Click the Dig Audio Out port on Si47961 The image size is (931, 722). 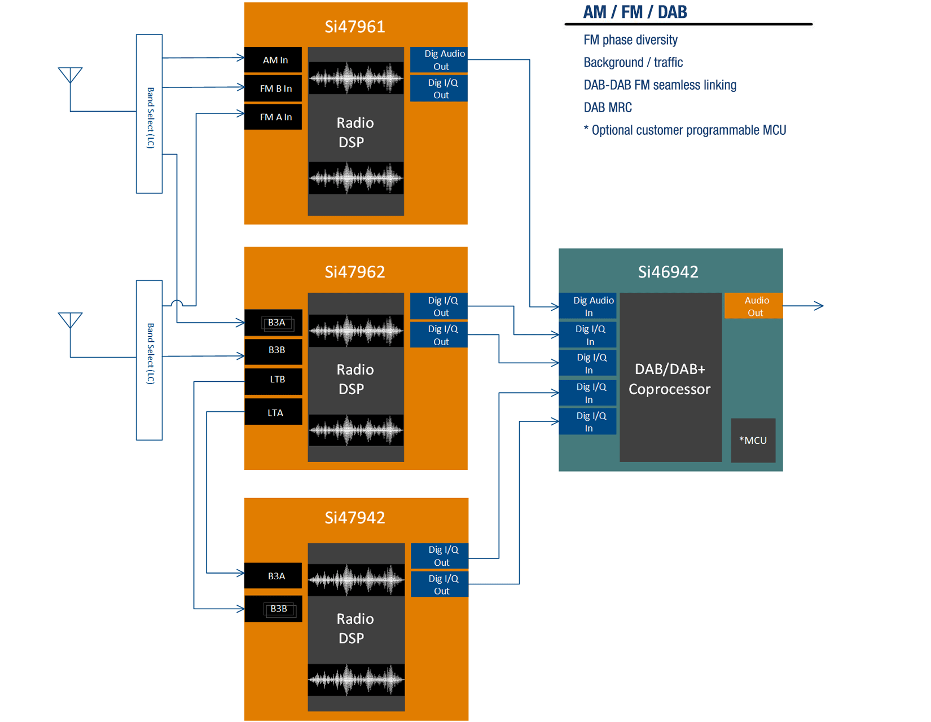coord(439,60)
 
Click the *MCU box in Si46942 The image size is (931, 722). coord(753,440)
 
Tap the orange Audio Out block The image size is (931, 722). coord(753,306)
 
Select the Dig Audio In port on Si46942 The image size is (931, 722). coord(588,306)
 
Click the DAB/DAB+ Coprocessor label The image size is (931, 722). coord(670,379)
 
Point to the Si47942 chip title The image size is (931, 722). coord(355,517)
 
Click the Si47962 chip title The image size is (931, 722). coord(355,272)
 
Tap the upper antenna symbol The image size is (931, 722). coord(71,75)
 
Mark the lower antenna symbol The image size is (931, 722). coord(71,320)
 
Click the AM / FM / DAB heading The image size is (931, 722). coord(635,12)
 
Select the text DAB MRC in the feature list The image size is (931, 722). coord(608,107)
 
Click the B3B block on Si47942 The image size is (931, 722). coord(277,609)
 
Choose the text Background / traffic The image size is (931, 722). coord(633,62)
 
